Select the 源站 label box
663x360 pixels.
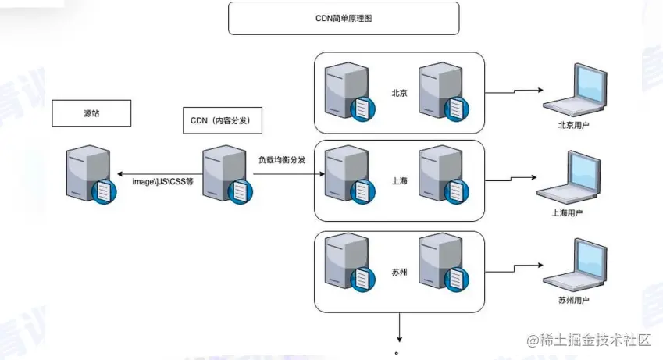(x=91, y=113)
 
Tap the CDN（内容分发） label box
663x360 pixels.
(x=221, y=120)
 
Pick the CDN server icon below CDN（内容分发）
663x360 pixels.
(x=226, y=175)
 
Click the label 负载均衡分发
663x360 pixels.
(x=282, y=159)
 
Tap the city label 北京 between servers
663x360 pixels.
(x=400, y=92)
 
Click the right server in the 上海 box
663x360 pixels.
(x=442, y=179)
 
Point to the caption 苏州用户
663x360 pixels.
(x=574, y=300)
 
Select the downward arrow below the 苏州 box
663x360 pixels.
(x=400, y=327)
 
